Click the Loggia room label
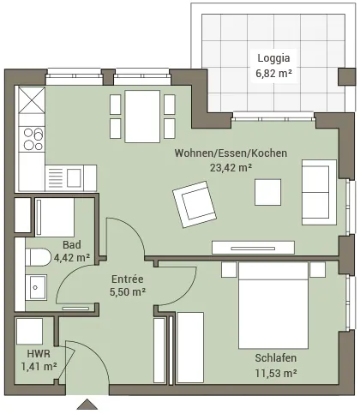pyautogui.click(x=273, y=58)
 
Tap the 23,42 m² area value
pyautogui.click(x=231, y=168)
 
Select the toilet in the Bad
pyautogui.click(x=38, y=257)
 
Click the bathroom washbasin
pyautogui.click(x=36, y=287)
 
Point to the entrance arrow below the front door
pyautogui.click(x=87, y=405)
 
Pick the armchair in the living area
pyautogui.click(x=195, y=204)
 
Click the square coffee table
pyautogui.click(x=267, y=192)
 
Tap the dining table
pyautogui.click(x=142, y=117)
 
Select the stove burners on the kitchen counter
pyautogui.click(x=33, y=140)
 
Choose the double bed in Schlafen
pyautogui.click(x=273, y=305)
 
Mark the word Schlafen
pyautogui.click(x=276, y=358)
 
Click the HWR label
pyautogui.click(x=39, y=354)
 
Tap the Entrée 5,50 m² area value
pyautogui.click(x=128, y=292)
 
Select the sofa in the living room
pyautogui.click(x=319, y=192)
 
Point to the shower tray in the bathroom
pyautogui.click(x=55, y=218)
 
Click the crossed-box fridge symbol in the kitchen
pyautogui.click(x=32, y=100)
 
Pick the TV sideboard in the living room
pyautogui.click(x=253, y=248)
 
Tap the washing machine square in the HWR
pyautogui.click(x=29, y=332)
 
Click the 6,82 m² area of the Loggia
pyautogui.click(x=273, y=74)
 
